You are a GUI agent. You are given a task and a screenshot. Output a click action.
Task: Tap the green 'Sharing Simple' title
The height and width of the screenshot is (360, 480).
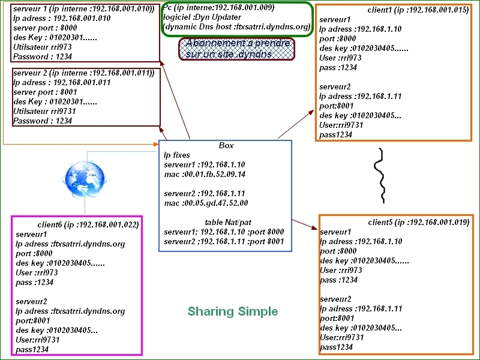(x=233, y=311)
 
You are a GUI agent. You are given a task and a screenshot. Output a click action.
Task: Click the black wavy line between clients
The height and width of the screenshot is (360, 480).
(x=380, y=174)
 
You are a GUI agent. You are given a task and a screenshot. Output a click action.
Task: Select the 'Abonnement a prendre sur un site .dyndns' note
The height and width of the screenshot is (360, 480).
(x=238, y=49)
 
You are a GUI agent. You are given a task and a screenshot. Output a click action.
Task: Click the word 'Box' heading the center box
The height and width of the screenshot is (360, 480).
(x=226, y=145)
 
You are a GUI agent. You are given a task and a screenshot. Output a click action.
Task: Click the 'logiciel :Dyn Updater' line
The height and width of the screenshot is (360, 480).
(x=202, y=17)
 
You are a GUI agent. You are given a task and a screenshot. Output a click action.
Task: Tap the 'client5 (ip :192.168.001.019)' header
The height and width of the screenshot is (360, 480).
(x=418, y=222)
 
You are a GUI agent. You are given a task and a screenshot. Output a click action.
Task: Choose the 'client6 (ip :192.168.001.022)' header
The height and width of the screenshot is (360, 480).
(x=88, y=224)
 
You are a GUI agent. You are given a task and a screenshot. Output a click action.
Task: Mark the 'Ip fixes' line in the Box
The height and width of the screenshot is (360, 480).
(x=177, y=155)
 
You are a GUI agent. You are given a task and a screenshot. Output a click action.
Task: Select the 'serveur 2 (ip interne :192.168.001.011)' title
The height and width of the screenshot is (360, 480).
(x=83, y=73)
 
